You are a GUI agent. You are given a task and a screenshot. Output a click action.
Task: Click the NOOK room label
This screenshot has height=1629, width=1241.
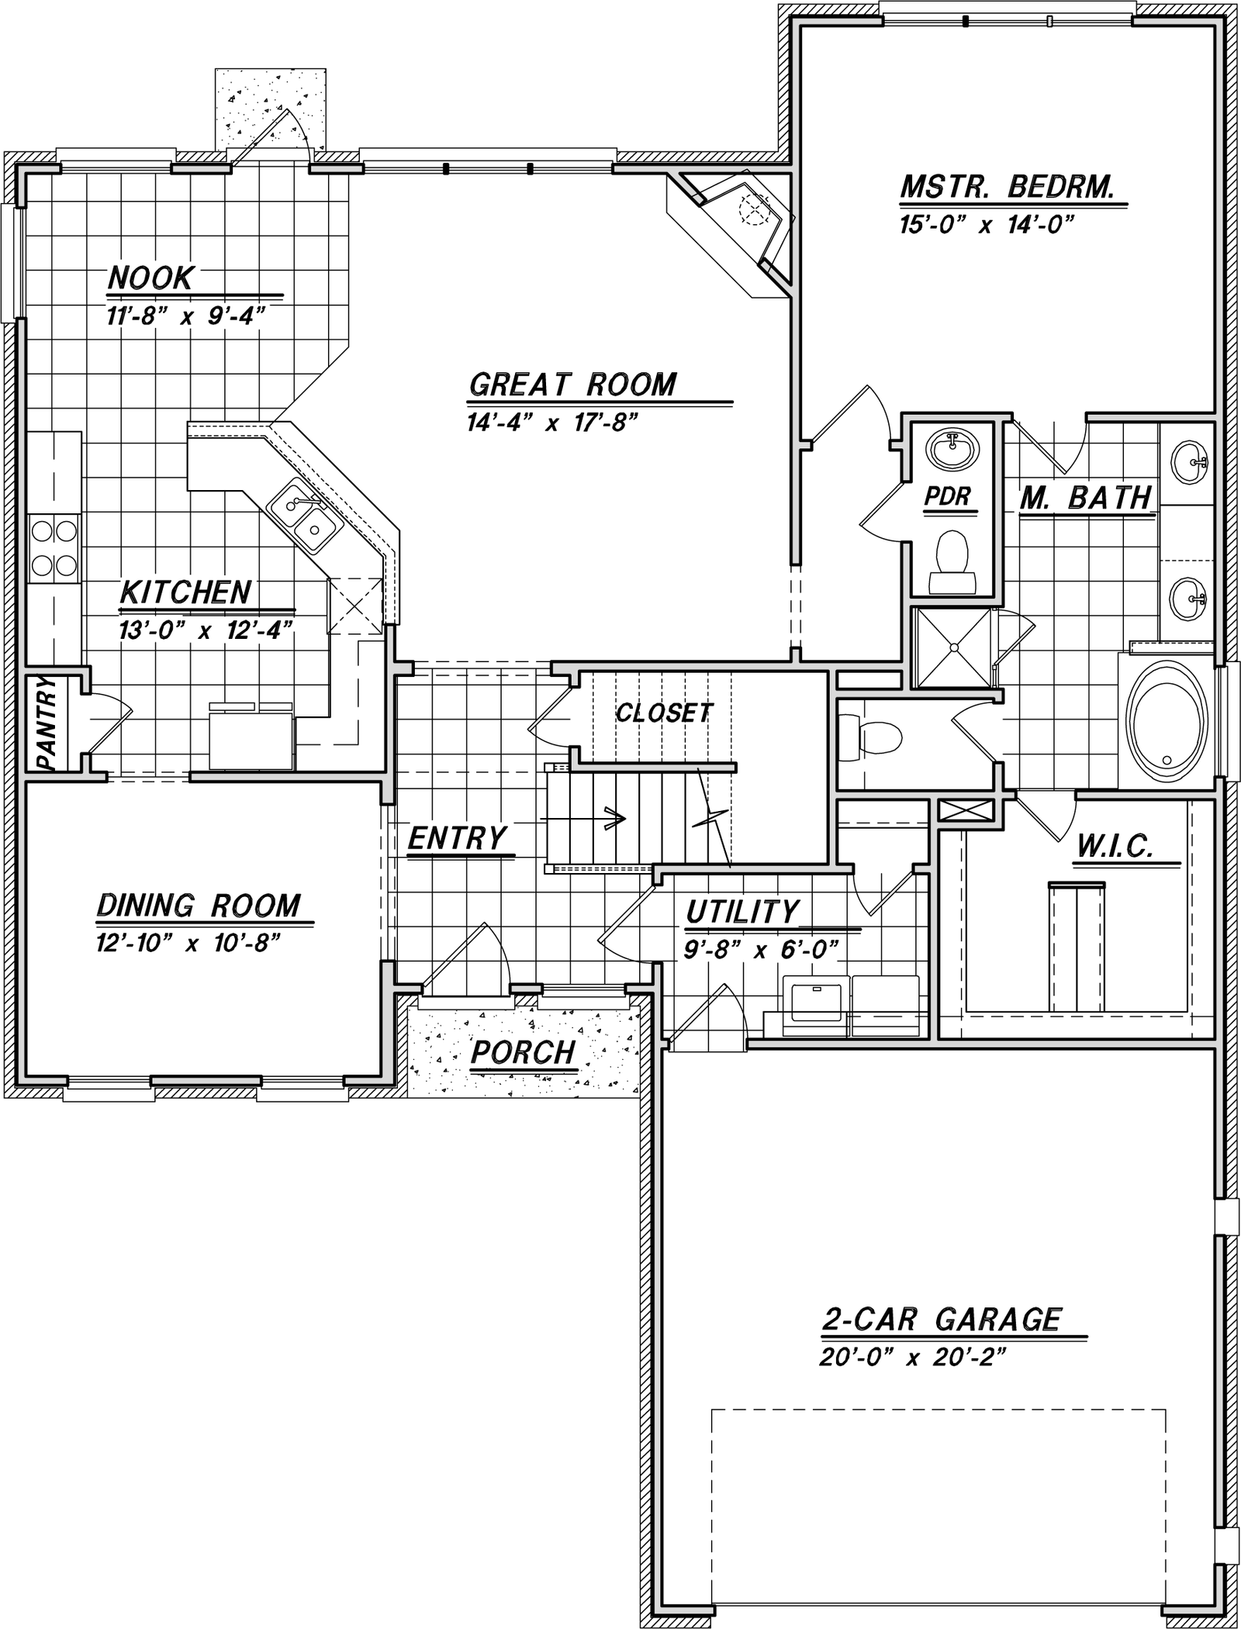(150, 278)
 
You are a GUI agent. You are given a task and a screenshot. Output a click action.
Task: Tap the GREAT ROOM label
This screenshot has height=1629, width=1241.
(573, 385)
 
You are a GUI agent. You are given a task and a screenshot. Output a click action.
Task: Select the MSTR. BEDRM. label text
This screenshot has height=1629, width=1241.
(1008, 187)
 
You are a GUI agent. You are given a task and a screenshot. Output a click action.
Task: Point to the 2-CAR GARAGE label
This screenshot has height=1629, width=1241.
(942, 1320)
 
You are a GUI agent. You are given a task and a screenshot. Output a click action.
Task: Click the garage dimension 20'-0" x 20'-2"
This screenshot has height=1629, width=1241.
(912, 1358)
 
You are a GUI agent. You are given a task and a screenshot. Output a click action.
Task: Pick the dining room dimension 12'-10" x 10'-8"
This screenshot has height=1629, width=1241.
(187, 944)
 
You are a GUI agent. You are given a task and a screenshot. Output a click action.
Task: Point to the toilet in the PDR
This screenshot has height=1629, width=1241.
(952, 563)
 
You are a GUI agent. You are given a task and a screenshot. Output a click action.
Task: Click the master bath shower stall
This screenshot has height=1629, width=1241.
(953, 648)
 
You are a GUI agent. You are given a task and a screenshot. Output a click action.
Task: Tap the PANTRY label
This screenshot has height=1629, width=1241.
(46, 723)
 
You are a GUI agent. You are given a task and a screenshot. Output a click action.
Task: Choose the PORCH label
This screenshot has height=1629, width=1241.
(524, 1052)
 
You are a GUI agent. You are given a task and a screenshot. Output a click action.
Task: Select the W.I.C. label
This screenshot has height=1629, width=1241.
(1115, 847)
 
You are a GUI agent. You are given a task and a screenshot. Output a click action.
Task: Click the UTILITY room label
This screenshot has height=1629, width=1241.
(742, 912)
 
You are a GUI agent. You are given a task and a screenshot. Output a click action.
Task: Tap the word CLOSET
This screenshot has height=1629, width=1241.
(664, 713)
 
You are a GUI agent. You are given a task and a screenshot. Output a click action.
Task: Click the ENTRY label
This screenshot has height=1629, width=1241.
(457, 838)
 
